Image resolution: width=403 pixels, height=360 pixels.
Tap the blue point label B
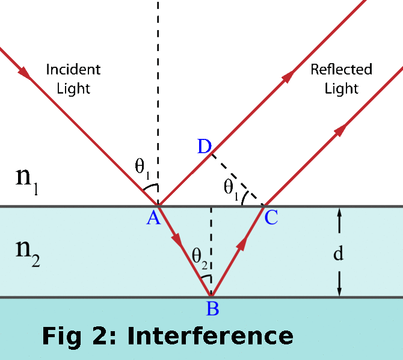tap(212, 308)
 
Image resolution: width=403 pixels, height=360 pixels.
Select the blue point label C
tap(271, 217)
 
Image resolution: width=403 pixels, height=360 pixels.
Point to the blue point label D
tap(205, 147)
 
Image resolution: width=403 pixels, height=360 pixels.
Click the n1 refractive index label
tap(27, 180)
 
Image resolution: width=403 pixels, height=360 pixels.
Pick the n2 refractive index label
tap(28, 253)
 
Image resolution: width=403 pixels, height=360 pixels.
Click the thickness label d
tap(338, 253)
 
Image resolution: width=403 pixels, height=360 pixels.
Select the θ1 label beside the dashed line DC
tap(231, 189)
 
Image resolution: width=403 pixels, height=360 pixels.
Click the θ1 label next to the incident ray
tap(142, 168)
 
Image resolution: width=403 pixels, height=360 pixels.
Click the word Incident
tap(73, 70)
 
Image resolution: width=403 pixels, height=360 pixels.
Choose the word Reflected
tap(341, 69)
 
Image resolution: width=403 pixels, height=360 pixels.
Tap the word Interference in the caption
tap(211, 336)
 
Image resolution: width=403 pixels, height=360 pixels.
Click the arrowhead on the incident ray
tap(24, 72)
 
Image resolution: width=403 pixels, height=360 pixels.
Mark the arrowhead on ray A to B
tap(177, 240)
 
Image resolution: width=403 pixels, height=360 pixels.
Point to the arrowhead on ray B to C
tap(242, 242)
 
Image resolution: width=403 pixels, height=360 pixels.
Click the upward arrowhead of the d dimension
tap(339, 213)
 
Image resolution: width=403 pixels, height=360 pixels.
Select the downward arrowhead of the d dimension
tap(339, 291)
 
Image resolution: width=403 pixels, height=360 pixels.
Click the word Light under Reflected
tap(341, 89)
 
